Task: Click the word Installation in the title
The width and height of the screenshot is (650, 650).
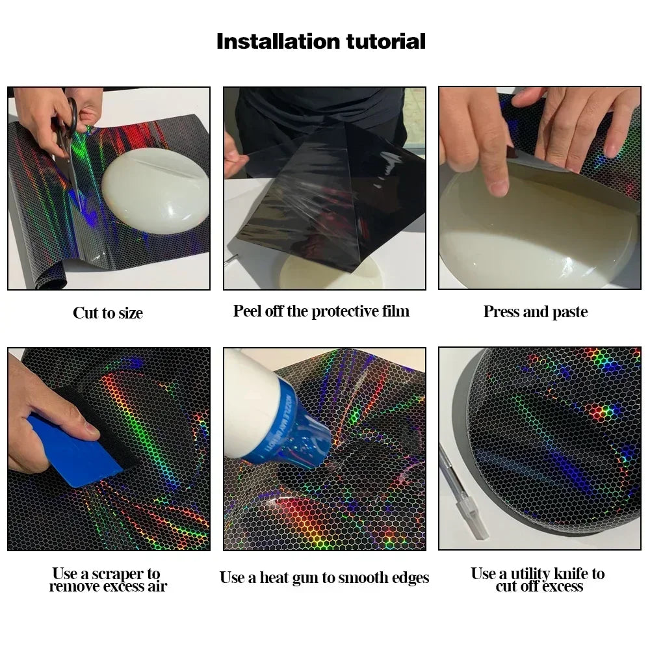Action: (x=278, y=42)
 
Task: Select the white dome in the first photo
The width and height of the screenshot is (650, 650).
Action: (x=155, y=189)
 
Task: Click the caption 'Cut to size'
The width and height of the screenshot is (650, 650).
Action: (x=108, y=313)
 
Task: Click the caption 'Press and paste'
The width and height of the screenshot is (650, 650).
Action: (x=536, y=312)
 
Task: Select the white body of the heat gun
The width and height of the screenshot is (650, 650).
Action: (x=249, y=402)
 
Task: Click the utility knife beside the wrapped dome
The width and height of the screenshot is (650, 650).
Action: (x=463, y=493)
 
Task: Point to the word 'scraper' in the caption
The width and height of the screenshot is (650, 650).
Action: (x=117, y=574)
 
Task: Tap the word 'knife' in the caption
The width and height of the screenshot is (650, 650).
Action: (x=571, y=574)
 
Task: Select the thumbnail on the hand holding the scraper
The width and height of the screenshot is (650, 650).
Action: (x=92, y=430)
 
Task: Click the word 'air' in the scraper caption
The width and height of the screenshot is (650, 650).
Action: (x=157, y=586)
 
